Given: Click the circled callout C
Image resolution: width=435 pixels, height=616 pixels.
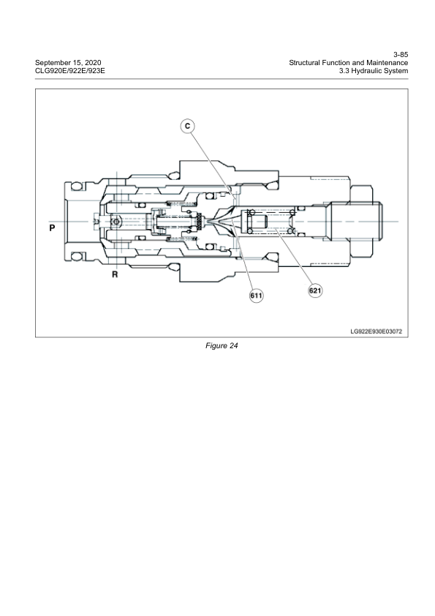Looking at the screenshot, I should pyautogui.click(x=187, y=127).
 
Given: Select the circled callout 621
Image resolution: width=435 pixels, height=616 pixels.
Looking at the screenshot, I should pyautogui.click(x=315, y=290).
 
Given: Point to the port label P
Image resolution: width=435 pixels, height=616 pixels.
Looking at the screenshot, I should pyautogui.click(x=52, y=228).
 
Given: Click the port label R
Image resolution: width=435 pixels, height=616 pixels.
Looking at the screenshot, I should pyautogui.click(x=115, y=274).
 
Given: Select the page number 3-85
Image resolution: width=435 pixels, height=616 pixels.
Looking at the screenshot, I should pyautogui.click(x=400, y=54).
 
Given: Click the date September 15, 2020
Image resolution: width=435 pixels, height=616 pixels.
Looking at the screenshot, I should pyautogui.click(x=69, y=62).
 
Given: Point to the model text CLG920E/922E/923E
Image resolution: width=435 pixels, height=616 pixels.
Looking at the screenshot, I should pyautogui.click(x=71, y=70).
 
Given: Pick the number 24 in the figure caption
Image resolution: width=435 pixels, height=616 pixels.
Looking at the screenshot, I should pyautogui.click(x=233, y=346).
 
